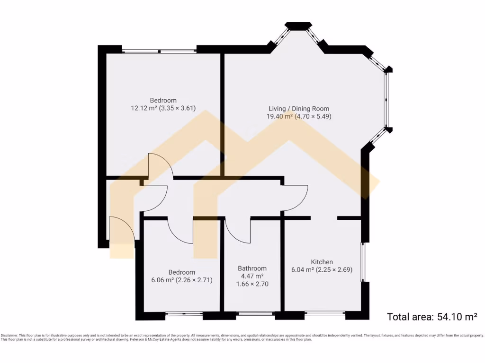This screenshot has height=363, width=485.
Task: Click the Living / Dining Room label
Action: tap(299, 108)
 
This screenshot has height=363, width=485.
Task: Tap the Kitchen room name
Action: tap(322, 262)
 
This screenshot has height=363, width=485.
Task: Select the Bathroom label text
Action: tap(252, 268)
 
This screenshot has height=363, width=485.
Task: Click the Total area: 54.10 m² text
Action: tap(431, 317)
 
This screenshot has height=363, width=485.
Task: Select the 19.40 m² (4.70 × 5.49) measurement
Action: tap(299, 116)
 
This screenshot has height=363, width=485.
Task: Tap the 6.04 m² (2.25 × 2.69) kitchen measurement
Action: tap(322, 270)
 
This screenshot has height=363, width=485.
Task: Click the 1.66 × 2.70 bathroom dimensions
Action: tap(252, 284)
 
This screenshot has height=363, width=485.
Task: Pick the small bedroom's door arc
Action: tap(181, 232)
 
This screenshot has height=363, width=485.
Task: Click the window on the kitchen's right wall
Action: tap(363, 262)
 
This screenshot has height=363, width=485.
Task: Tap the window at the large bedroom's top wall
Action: tap(159, 51)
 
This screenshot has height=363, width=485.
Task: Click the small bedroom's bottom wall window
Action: tap(184, 313)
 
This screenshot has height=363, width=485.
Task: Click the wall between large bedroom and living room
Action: tap(222, 113)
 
